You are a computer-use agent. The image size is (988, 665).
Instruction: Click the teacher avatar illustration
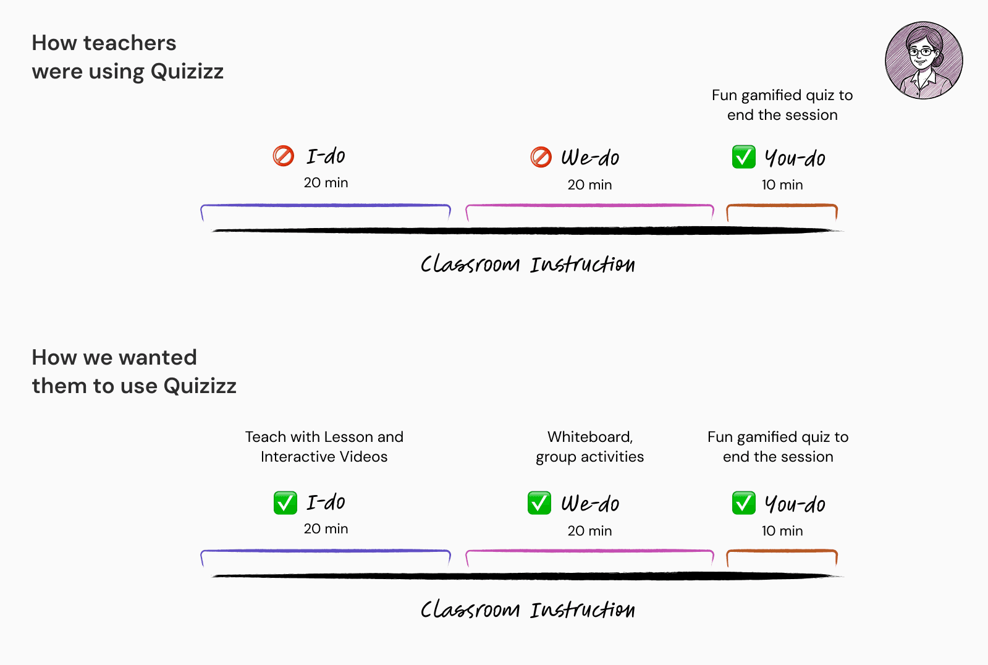[924, 61]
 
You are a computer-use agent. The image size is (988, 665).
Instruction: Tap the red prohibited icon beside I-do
[284, 156]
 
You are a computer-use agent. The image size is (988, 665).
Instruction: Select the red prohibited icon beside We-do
[541, 157]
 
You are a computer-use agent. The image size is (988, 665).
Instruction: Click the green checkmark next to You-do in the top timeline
[743, 157]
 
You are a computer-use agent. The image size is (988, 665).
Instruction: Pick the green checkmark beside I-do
[285, 502]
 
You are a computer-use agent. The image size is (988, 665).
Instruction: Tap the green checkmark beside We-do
[539, 503]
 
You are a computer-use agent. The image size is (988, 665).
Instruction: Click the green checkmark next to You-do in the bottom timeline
[743, 503]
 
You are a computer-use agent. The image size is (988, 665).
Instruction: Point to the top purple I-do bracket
[326, 206]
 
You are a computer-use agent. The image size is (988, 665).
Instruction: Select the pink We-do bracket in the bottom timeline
[589, 551]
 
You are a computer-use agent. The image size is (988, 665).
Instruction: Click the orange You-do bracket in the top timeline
[782, 206]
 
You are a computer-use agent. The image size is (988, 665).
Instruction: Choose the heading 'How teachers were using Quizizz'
[127, 57]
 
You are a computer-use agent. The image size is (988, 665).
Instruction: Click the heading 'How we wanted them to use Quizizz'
[133, 371]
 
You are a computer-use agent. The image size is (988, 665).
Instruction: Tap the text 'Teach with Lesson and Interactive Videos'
[324, 447]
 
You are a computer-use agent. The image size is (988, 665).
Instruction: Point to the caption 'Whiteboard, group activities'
[589, 447]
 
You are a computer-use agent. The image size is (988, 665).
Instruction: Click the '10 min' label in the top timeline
[782, 185]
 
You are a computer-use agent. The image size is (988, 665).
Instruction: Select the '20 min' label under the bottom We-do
[589, 531]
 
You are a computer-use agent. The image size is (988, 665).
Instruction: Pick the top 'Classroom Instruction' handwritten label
[527, 265]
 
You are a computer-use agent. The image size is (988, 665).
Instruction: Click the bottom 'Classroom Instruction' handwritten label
[527, 610]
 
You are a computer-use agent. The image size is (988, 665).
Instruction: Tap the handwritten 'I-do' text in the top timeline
[326, 156]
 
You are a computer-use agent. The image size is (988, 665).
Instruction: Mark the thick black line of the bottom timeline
[527, 576]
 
